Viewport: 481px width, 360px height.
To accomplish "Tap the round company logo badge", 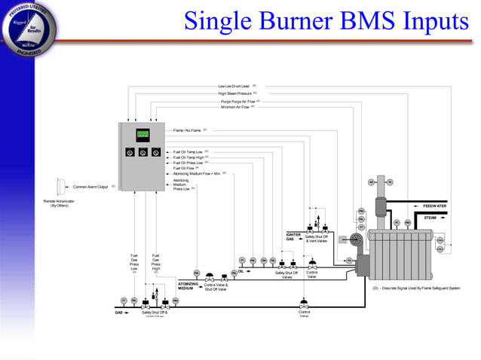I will [29, 28].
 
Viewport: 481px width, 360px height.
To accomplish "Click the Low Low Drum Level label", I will [234, 86].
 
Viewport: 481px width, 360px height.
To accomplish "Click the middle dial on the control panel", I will [143, 153].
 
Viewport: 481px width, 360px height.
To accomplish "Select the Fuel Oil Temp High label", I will [188, 157].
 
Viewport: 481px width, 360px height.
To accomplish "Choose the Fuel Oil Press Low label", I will [188, 162].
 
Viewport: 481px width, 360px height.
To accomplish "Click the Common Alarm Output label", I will [90, 187].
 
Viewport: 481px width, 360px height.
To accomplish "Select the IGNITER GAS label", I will [294, 236].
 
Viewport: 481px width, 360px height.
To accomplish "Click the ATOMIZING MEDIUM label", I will [188, 286].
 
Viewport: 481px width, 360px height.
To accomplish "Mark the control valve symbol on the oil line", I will [311, 265].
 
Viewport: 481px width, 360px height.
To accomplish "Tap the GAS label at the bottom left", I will [118, 312].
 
